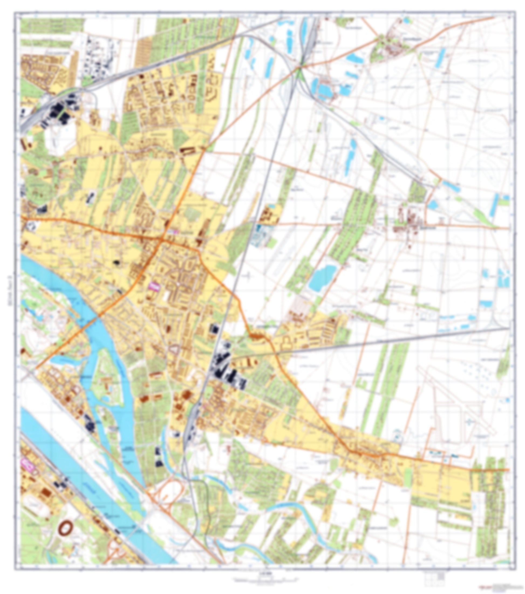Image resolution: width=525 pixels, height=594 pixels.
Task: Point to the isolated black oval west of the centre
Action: pyautogui.click(x=117, y=262)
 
